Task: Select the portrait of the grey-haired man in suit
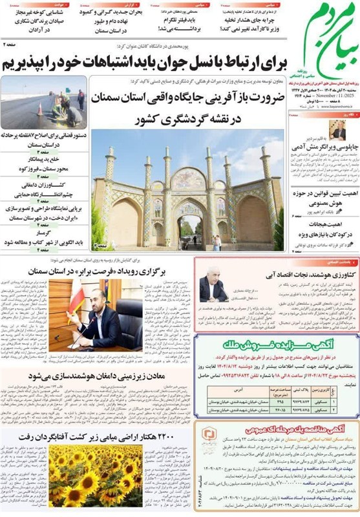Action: tap(213, 285)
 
